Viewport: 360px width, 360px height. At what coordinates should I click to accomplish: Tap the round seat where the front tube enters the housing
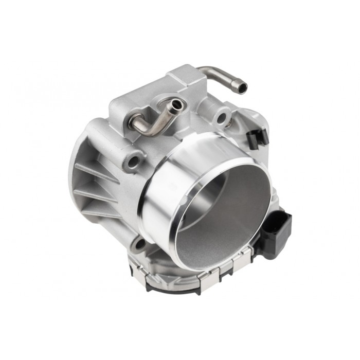[131, 122]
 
